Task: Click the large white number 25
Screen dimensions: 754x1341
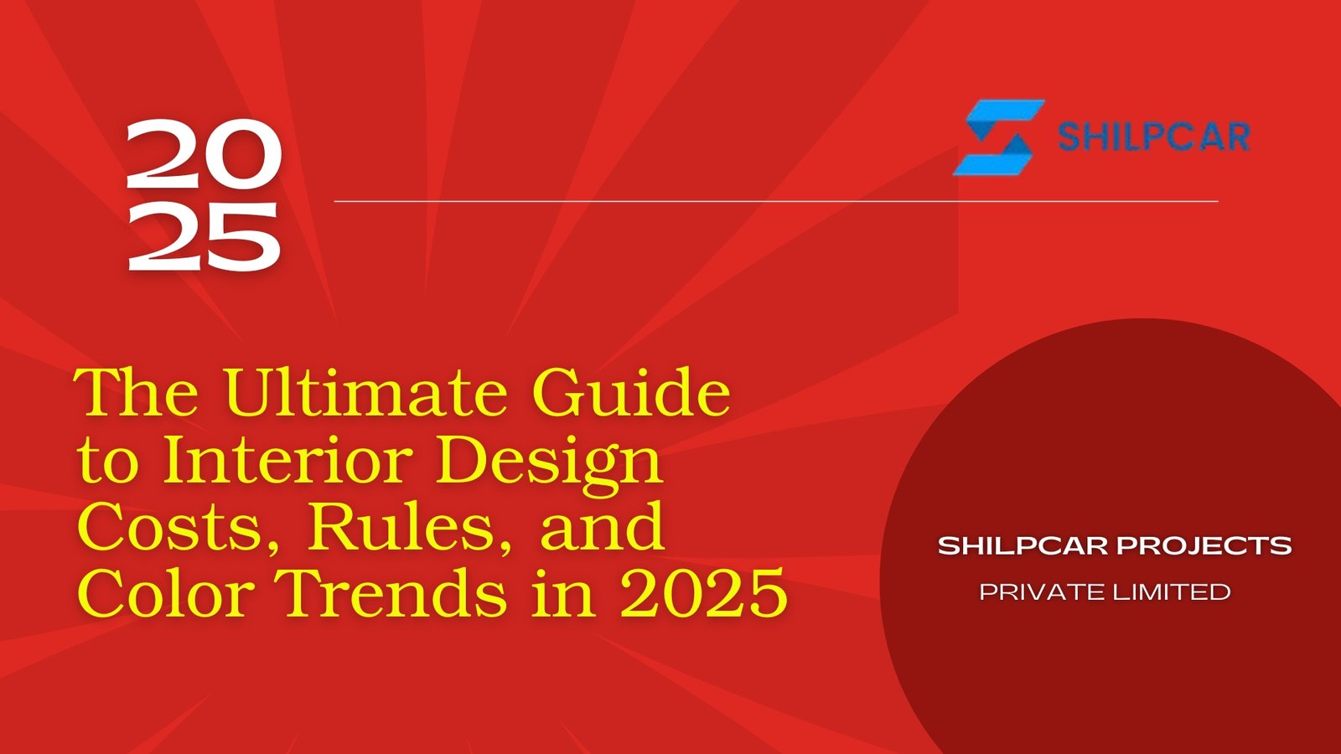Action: click(x=203, y=237)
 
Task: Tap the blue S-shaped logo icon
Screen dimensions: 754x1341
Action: click(x=997, y=137)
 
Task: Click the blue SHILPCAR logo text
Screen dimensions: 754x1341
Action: click(x=1153, y=137)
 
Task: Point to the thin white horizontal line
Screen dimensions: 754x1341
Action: click(x=775, y=201)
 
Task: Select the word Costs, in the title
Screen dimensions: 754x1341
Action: click(x=179, y=528)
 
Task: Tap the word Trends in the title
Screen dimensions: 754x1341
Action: click(x=393, y=593)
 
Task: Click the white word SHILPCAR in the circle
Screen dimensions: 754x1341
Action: click(x=1023, y=546)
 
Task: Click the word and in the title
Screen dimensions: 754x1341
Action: click(x=603, y=528)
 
